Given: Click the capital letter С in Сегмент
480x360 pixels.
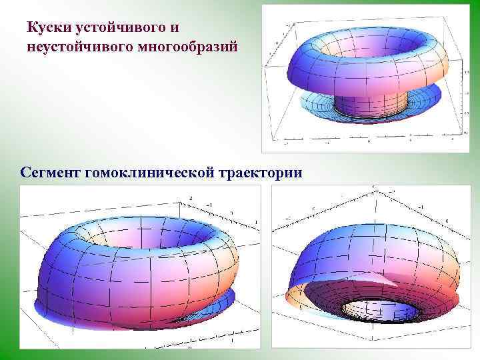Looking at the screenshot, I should pyautogui.click(x=25, y=173).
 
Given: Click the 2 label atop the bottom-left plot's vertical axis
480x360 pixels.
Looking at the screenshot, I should pyautogui.click(x=191, y=198).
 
